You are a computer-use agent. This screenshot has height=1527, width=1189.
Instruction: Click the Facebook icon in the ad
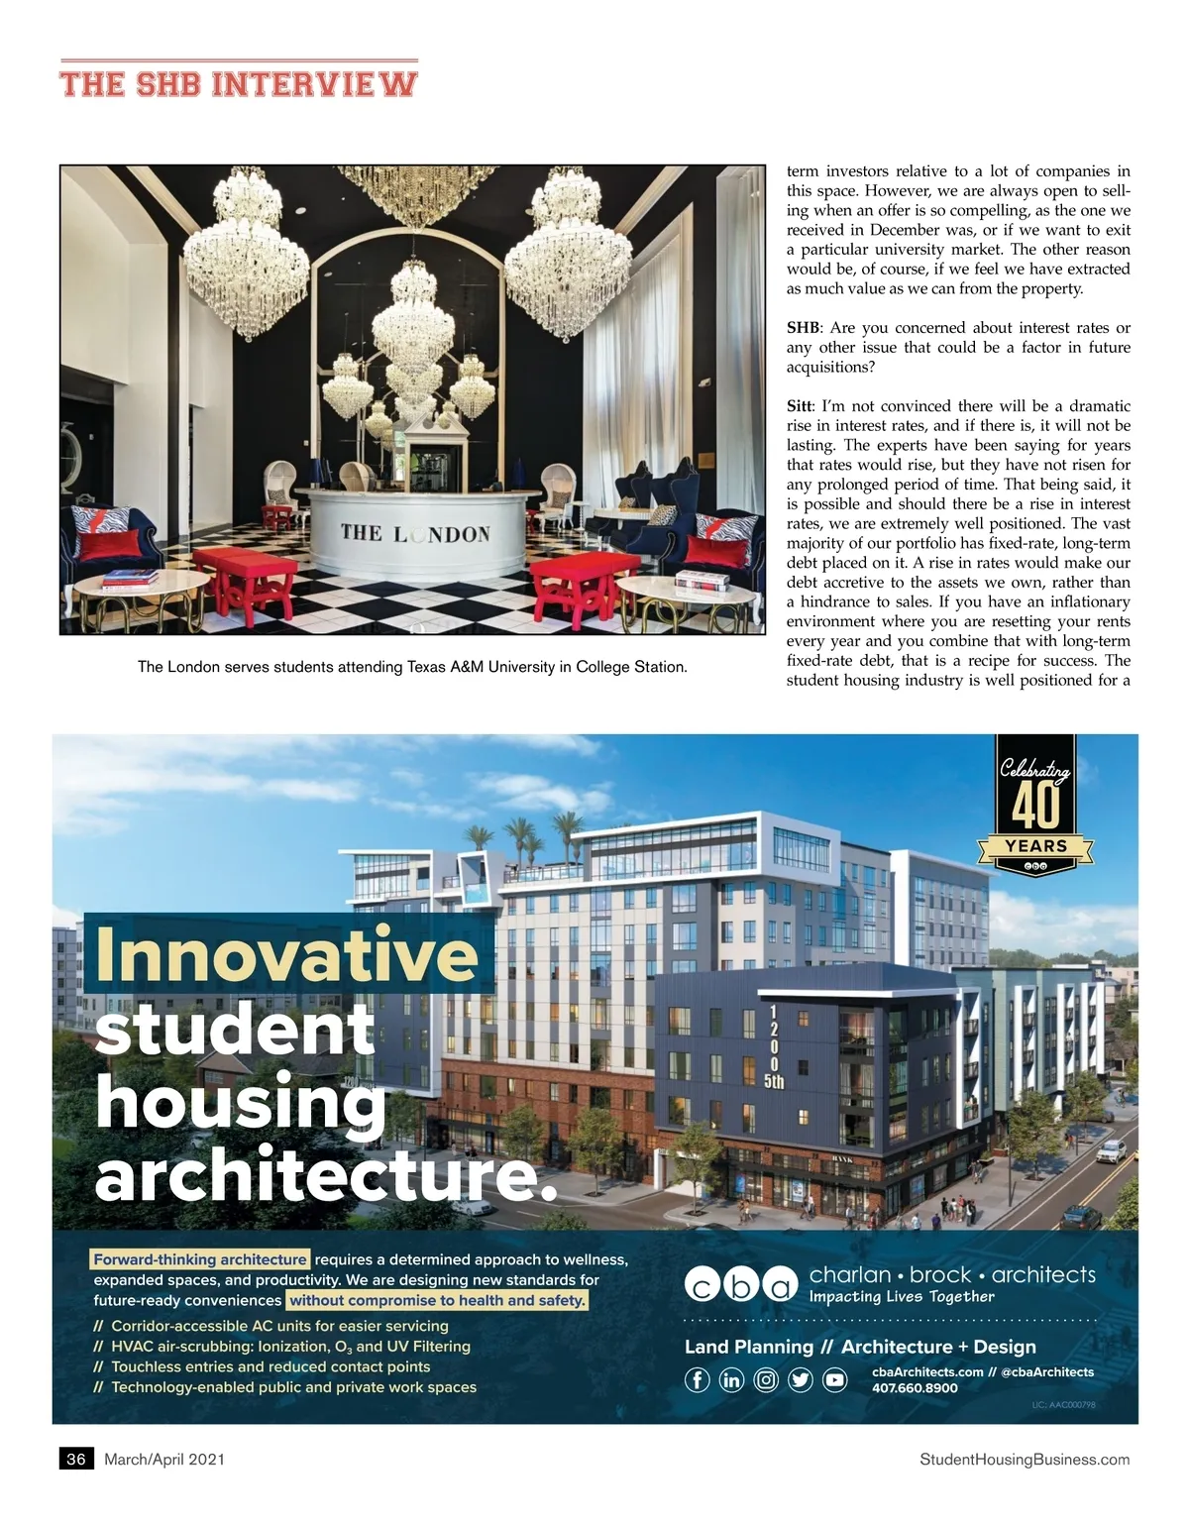(x=698, y=1379)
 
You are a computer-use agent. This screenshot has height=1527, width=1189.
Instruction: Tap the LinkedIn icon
(x=731, y=1379)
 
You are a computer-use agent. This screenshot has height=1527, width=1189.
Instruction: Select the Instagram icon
(x=766, y=1379)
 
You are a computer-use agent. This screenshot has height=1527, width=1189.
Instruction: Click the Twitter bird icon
(x=801, y=1379)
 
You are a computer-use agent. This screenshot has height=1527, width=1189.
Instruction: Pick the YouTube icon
(x=835, y=1379)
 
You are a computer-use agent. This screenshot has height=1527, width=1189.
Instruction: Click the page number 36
(x=76, y=1459)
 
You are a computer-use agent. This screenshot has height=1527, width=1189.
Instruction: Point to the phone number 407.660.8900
(x=915, y=1388)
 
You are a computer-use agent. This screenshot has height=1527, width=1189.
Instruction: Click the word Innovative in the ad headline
(x=287, y=953)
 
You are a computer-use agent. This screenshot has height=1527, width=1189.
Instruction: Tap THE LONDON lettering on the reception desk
(x=415, y=533)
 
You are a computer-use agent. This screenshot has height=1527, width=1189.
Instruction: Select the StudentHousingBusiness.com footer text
(x=1025, y=1459)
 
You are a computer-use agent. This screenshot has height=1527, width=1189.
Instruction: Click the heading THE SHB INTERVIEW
(x=239, y=83)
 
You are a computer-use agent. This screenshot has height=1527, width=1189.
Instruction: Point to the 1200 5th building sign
(x=774, y=1046)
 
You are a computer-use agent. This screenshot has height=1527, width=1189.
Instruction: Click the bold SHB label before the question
(x=804, y=328)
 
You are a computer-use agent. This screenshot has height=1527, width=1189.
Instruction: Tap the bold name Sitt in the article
(x=800, y=406)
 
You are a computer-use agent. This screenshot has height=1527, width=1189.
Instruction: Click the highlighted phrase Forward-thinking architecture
(x=200, y=1259)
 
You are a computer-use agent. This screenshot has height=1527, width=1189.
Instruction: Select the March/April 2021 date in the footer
(x=164, y=1459)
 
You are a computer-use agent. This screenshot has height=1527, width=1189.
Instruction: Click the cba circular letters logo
(x=740, y=1284)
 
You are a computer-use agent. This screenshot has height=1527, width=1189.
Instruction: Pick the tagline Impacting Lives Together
(x=902, y=1296)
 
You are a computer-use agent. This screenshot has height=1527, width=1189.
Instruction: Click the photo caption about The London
(x=412, y=667)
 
